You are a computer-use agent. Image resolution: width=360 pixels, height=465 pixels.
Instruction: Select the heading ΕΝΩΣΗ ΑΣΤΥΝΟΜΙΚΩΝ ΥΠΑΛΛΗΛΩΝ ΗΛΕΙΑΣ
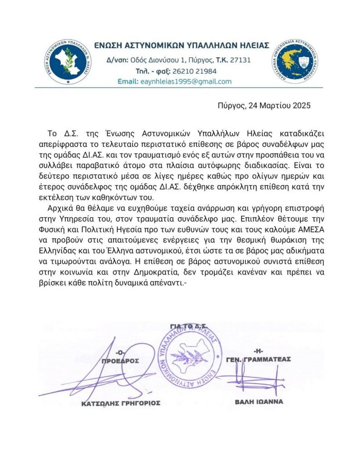coord(181,45)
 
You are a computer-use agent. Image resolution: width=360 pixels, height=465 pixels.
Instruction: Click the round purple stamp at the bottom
coord(189,359)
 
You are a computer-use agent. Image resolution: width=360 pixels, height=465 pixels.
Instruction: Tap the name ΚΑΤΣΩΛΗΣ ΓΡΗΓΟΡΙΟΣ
coord(121,403)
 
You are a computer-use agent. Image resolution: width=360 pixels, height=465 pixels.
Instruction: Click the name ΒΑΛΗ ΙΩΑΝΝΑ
coord(259,401)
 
